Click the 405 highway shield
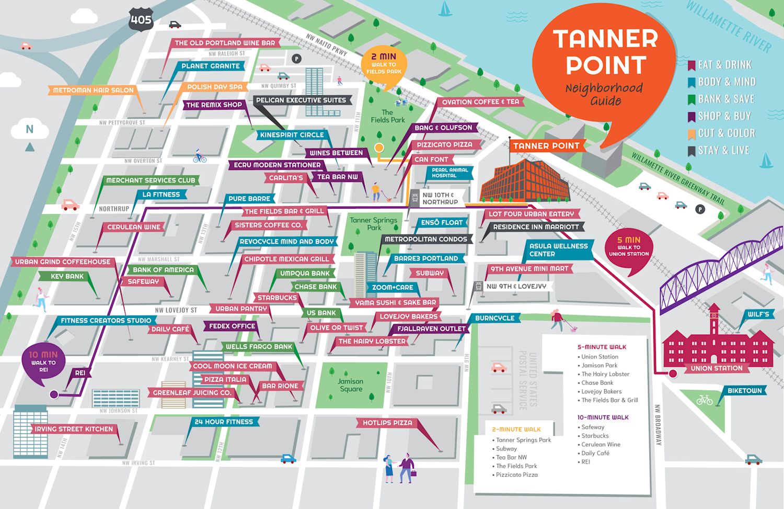click(x=141, y=20)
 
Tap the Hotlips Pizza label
click(x=387, y=423)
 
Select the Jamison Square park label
click(x=350, y=385)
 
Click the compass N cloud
click(x=30, y=129)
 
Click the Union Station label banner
click(x=716, y=368)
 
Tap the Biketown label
click(x=744, y=391)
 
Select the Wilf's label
click(x=758, y=314)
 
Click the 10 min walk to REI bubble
click(x=43, y=362)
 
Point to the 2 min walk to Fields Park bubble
click(x=384, y=64)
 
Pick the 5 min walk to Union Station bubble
click(x=629, y=247)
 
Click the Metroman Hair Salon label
click(x=93, y=90)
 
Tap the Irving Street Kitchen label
click(x=74, y=429)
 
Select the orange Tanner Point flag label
click(x=546, y=146)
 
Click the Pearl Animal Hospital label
click(x=449, y=173)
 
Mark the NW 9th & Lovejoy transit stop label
click(x=516, y=286)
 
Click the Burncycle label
click(x=494, y=318)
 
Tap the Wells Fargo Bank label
click(x=259, y=346)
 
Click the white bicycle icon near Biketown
click(x=704, y=400)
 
